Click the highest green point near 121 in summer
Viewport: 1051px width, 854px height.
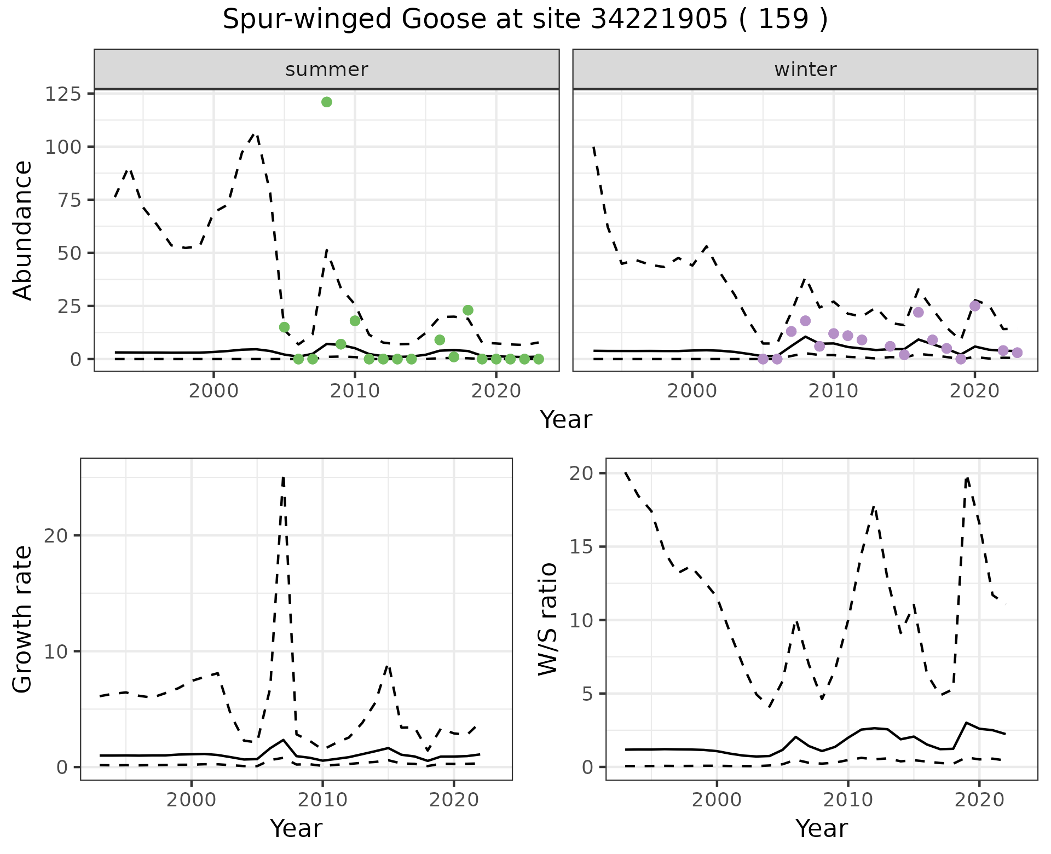[327, 102]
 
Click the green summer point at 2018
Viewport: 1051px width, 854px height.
[467, 310]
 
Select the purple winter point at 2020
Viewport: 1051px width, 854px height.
[974, 306]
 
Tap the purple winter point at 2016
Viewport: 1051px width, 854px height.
[918, 312]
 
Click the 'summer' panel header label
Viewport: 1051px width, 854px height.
[327, 70]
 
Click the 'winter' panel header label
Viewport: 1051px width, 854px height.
[805, 70]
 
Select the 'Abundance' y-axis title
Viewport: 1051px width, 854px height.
[23, 230]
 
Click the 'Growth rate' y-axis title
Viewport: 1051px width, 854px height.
[23, 619]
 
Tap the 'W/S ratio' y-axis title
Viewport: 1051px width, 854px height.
[548, 619]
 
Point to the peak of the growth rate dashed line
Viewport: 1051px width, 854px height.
[283, 477]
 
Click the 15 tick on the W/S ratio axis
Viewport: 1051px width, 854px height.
[582, 547]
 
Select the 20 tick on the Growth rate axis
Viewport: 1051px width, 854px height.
[55, 535]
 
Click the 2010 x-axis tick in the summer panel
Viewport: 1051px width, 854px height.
[355, 391]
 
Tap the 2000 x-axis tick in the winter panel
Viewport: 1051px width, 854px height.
[692, 391]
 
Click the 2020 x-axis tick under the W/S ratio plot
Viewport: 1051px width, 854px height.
[979, 800]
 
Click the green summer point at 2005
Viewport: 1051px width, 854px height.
[284, 327]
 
